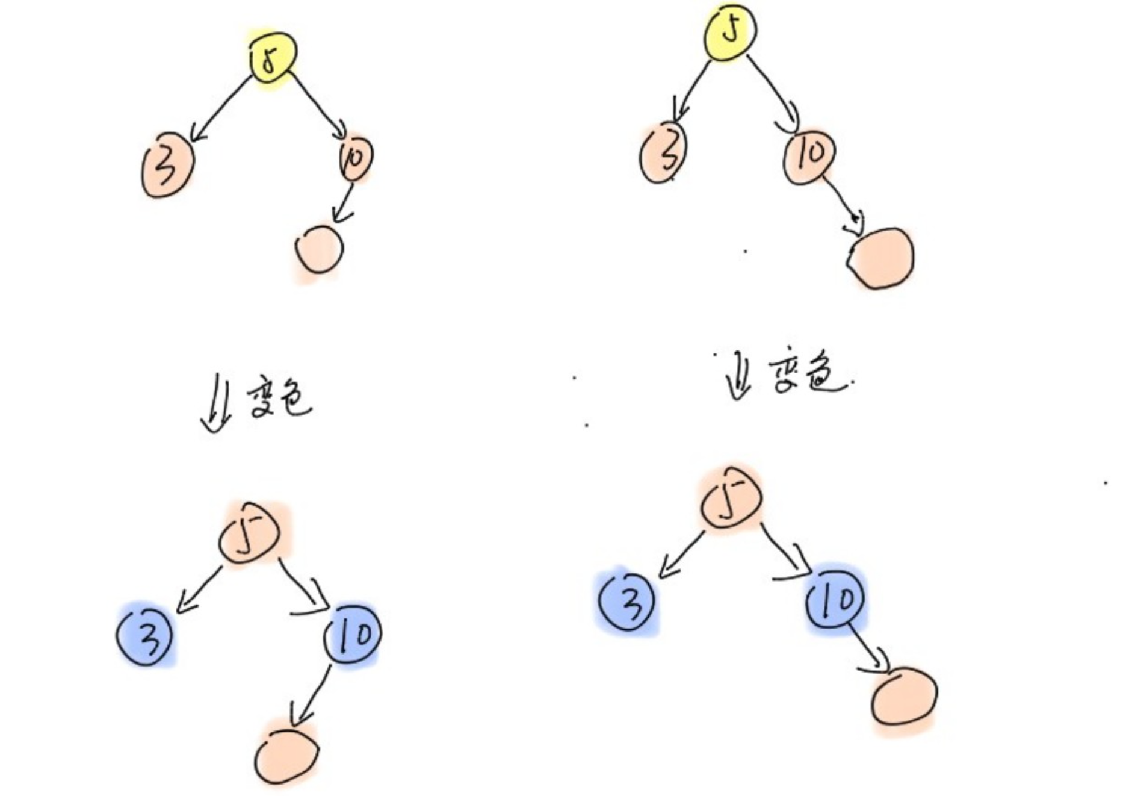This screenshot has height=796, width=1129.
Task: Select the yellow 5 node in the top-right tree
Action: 731,31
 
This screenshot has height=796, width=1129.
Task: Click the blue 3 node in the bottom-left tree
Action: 145,635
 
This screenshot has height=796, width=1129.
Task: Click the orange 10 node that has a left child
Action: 355,158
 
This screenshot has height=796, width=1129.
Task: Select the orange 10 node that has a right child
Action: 809,155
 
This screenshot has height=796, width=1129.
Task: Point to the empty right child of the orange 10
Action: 882,258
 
